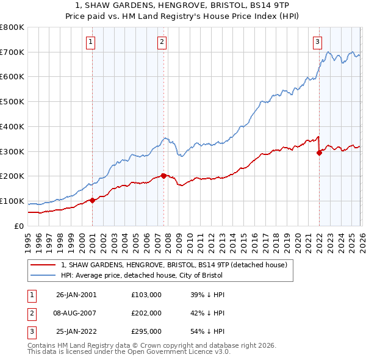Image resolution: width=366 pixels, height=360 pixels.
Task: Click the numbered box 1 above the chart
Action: click(90, 42)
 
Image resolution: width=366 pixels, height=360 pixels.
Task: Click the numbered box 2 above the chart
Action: click(162, 42)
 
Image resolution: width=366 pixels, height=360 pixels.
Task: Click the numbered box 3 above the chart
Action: click(318, 42)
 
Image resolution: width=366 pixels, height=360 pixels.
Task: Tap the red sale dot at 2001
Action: click(92, 200)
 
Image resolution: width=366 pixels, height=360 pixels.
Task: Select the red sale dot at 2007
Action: click(163, 176)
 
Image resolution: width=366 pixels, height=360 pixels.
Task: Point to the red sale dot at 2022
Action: click(319, 153)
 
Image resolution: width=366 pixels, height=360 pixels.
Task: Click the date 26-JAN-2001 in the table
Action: click(76, 295)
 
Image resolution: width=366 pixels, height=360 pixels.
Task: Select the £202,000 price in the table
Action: click(146, 313)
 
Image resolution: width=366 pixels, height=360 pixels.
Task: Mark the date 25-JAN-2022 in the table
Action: click(76, 331)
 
